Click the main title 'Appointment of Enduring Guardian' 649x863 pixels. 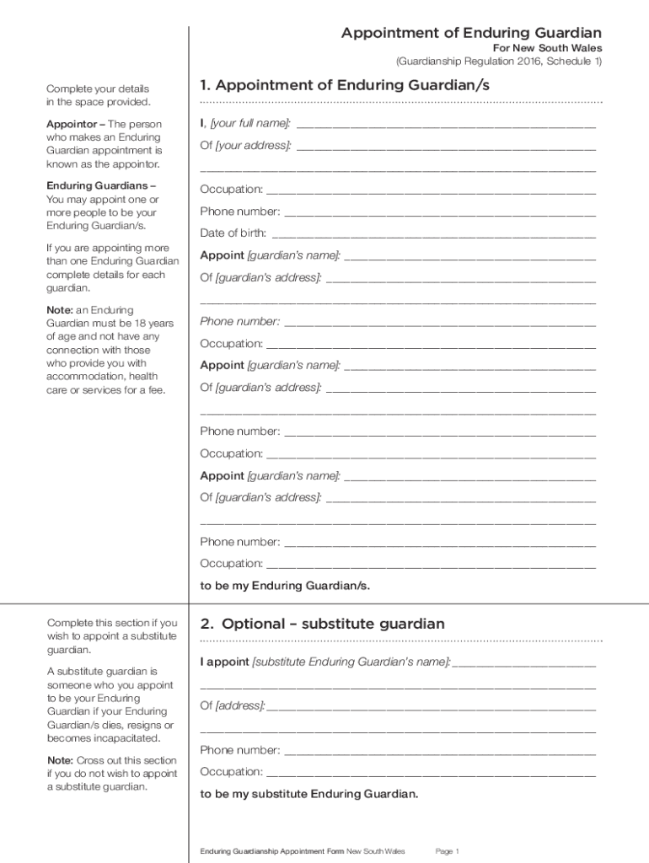click(471, 33)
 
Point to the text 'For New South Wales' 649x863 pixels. click(547, 48)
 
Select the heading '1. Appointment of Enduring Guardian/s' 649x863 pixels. click(344, 86)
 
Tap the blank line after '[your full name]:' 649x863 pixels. click(446, 125)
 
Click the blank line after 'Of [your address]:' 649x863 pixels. click(446, 147)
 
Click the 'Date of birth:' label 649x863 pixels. click(233, 233)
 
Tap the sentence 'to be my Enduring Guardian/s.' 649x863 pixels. click(285, 585)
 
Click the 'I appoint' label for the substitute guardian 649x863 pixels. click(224, 662)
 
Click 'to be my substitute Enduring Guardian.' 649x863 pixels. click(308, 794)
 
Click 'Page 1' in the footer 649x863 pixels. click(447, 851)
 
